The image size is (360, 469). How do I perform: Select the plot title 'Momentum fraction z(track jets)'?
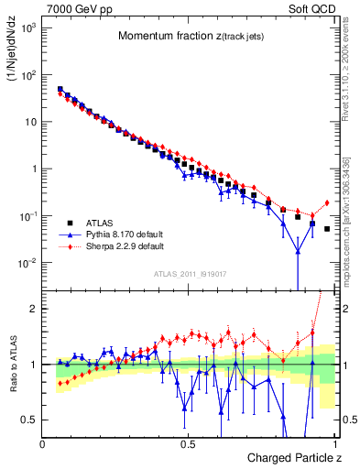coord(189,37)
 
